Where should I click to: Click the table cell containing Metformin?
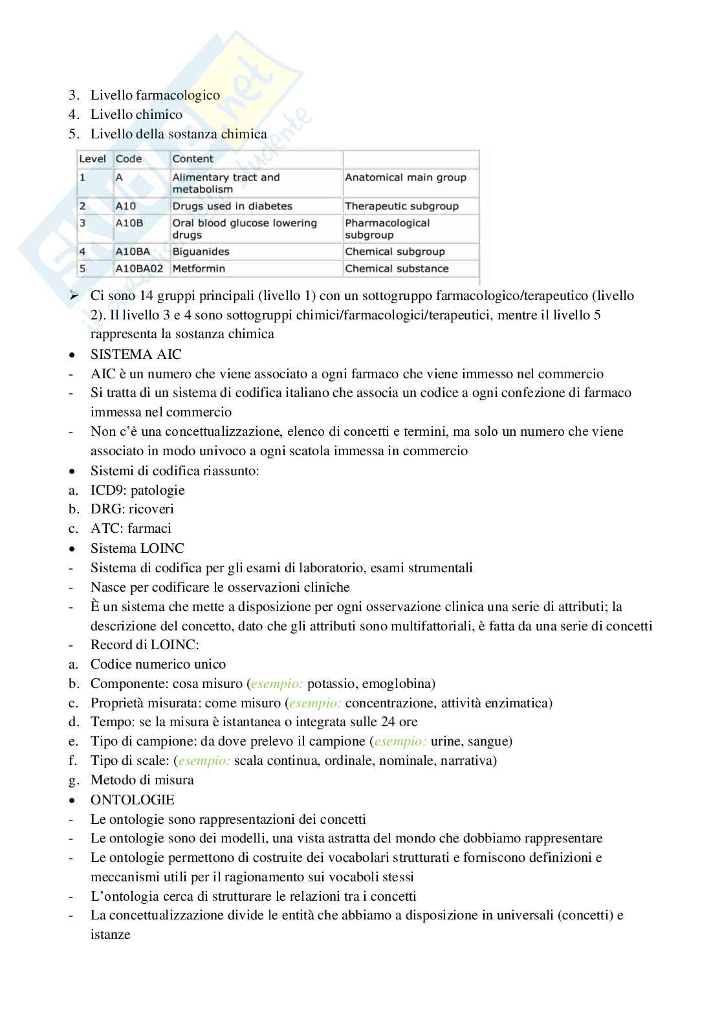click(199, 268)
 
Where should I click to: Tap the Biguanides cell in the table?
click(201, 252)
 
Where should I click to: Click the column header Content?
click(193, 159)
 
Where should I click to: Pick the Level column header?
click(93, 159)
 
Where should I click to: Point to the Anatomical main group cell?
click(406, 177)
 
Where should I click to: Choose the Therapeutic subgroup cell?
click(402, 206)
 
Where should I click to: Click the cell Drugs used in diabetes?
click(232, 206)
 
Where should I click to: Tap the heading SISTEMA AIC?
click(136, 354)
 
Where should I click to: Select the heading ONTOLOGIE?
click(133, 800)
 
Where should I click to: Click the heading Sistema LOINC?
click(137, 548)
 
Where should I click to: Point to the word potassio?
click(331, 683)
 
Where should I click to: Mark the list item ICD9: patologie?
click(138, 490)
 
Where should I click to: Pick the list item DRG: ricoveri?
click(132, 509)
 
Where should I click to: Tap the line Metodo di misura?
click(142, 780)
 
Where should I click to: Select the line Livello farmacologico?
click(155, 95)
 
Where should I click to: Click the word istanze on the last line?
click(111, 934)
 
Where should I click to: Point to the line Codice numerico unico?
click(159, 664)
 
